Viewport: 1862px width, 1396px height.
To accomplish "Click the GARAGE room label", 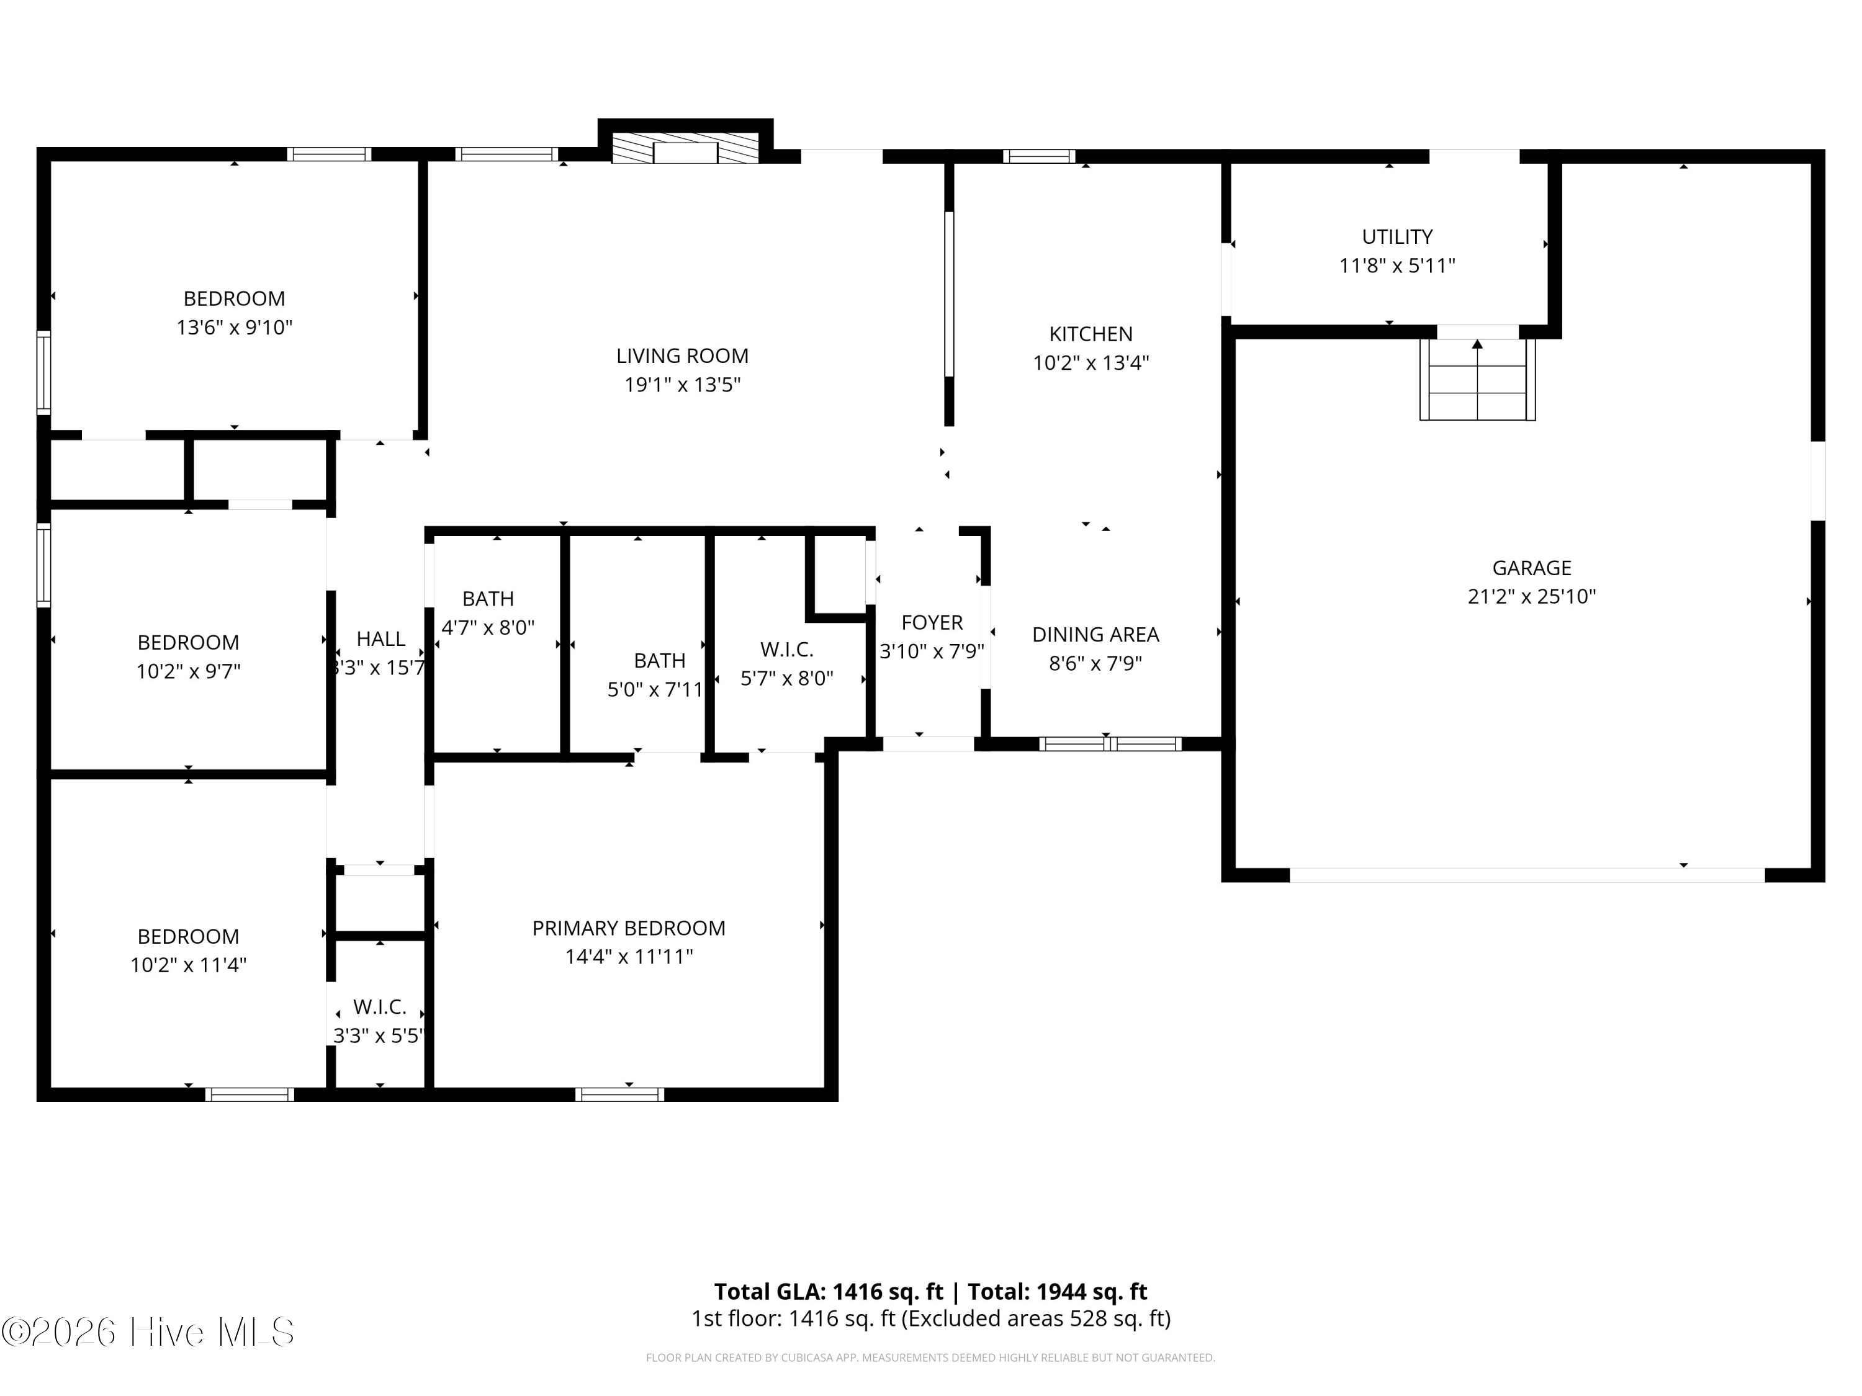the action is (1531, 568).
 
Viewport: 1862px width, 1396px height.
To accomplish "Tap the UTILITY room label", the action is (1397, 236).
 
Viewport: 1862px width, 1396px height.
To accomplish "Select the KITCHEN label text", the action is (1091, 334).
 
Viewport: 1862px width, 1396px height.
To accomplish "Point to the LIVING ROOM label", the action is (682, 356).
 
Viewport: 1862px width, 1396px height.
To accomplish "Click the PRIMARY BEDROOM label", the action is (629, 928).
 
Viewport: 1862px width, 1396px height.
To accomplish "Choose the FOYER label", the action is (932, 623).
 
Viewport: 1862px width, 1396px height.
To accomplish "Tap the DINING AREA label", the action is (1095, 635).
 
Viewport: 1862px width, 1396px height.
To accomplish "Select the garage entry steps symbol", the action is (1477, 378).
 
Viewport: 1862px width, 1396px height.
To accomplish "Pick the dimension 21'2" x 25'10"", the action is (1531, 597).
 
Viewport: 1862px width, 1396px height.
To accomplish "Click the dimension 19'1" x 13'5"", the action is (682, 385).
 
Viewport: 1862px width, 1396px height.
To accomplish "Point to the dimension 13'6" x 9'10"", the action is (234, 328).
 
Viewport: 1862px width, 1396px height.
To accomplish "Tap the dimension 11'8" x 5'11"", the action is (1397, 266).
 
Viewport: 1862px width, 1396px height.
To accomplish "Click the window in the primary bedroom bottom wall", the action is (619, 1094).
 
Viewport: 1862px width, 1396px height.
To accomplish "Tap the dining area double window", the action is (1110, 744).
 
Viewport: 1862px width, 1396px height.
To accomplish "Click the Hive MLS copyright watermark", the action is (148, 1332).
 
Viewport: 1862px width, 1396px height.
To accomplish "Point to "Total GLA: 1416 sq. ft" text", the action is (829, 1292).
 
